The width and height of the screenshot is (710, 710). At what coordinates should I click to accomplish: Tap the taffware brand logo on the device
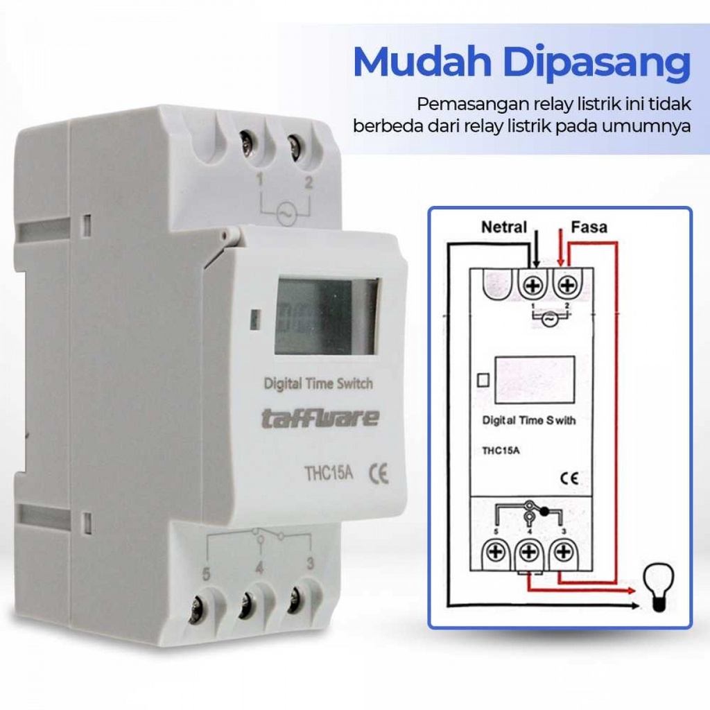(320, 418)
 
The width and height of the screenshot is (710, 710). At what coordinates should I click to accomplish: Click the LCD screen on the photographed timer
(327, 315)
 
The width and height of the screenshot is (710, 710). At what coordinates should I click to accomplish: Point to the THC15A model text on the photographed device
(328, 474)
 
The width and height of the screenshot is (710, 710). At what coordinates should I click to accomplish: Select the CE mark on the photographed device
(379, 474)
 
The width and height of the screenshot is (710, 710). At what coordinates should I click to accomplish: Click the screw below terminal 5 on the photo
(198, 607)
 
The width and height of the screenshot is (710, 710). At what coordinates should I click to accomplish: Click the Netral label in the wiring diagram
(504, 227)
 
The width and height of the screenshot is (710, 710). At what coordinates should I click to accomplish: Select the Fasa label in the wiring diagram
(589, 227)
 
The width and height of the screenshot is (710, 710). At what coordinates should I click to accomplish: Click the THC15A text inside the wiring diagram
(501, 451)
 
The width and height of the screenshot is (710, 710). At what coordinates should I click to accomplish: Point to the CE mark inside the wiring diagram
(569, 478)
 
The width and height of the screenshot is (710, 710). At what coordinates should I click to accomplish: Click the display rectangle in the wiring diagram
(535, 380)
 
